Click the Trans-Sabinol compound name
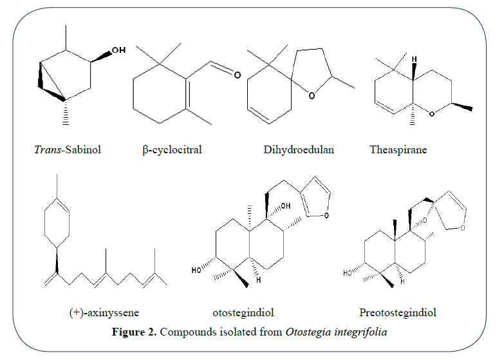point(68,150)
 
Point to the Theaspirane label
point(398,150)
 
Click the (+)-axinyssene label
point(104,313)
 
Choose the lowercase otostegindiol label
point(243,313)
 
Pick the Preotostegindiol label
point(398,313)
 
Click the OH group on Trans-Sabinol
point(118,50)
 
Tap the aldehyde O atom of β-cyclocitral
point(236,75)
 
